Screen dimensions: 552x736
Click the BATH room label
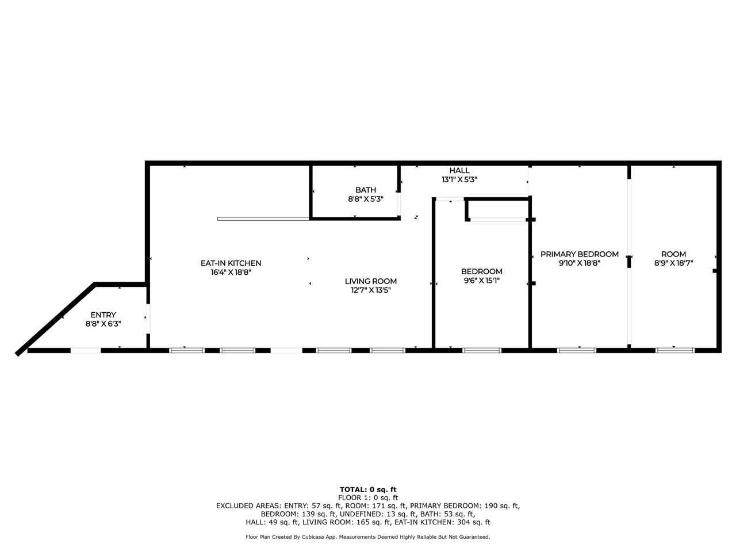coord(366,190)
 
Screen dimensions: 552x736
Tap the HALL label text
coord(459,170)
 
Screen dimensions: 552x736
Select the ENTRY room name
coord(103,315)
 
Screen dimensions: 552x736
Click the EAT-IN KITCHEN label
coord(231,263)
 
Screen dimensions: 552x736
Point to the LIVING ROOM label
coord(371,281)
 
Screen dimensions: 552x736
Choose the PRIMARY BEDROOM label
coord(579,254)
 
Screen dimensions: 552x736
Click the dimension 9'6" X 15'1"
coord(482,281)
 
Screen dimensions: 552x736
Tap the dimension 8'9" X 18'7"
coord(673,263)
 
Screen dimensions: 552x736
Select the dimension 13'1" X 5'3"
coord(459,179)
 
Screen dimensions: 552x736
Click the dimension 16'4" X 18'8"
coord(231,273)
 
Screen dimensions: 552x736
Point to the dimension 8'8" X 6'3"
coord(103,324)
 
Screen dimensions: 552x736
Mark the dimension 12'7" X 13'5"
coord(371,290)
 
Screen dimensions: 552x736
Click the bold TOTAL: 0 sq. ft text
coord(368,490)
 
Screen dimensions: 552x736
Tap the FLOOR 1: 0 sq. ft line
coord(368,498)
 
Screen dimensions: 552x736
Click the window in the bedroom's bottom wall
coord(482,350)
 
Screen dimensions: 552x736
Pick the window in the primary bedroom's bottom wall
coord(577,350)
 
